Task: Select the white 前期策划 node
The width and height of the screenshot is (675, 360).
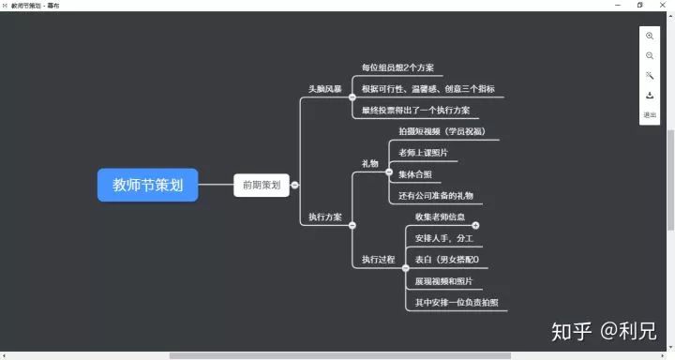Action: coord(261,185)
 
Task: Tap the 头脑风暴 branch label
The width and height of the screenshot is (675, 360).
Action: coord(325,89)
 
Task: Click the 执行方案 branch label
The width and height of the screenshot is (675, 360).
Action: coord(325,217)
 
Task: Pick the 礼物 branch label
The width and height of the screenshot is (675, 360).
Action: coord(370,164)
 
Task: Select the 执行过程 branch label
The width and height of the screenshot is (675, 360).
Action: coord(379,259)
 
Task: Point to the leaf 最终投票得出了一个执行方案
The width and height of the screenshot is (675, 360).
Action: coord(415,111)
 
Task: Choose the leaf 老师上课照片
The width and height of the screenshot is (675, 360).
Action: coord(423,153)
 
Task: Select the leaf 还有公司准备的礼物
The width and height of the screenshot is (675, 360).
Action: coord(435,196)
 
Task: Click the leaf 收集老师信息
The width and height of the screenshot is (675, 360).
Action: coord(440,217)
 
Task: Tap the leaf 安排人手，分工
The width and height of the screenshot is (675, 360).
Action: coord(444,238)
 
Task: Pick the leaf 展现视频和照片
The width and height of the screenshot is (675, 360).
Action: coord(443,281)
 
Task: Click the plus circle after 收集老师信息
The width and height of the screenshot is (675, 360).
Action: coord(475,225)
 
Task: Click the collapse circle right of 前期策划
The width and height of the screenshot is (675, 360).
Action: coord(294,185)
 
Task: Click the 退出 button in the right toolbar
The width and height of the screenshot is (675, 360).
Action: coord(650,115)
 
